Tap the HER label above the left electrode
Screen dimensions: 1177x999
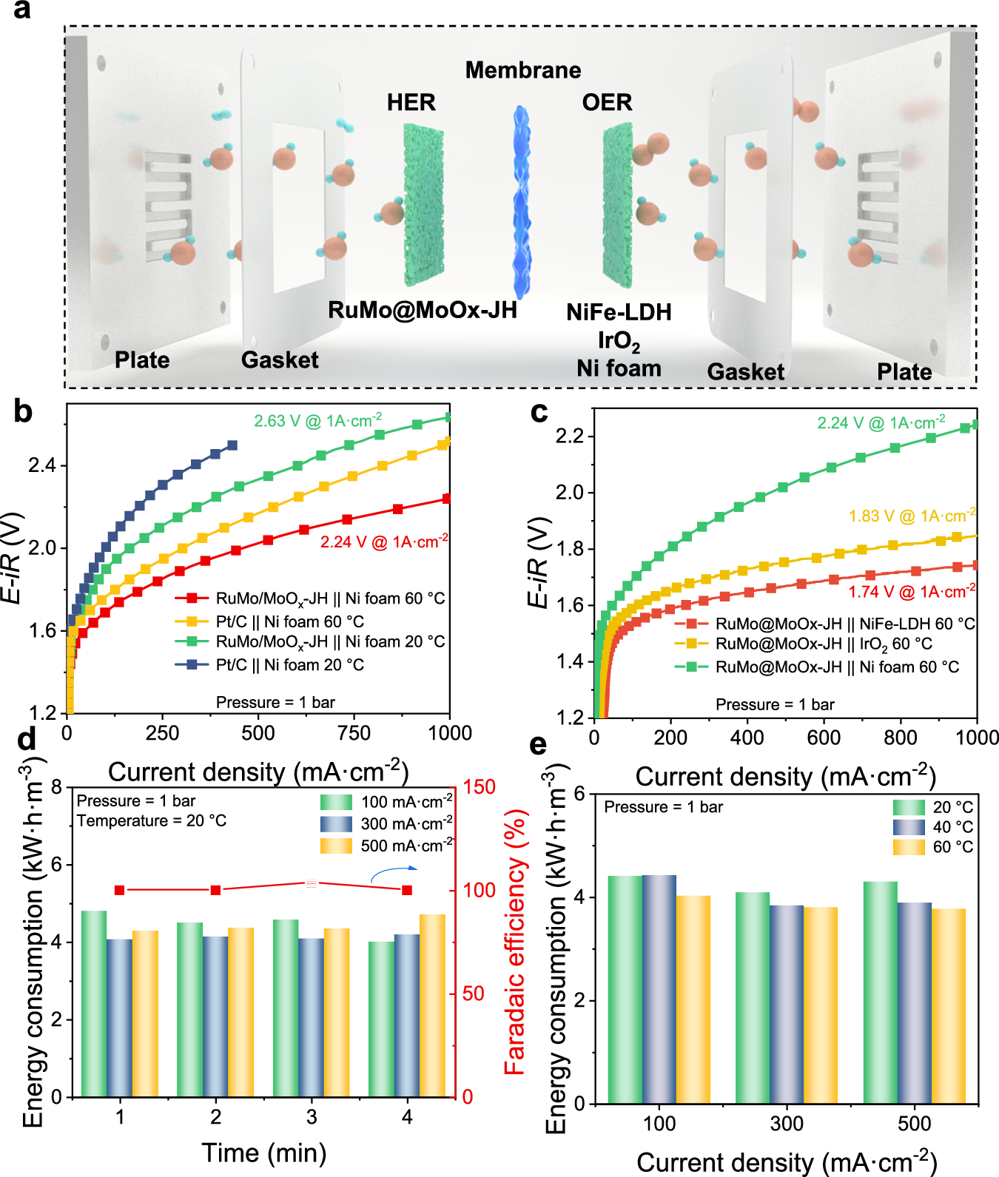[x=411, y=102]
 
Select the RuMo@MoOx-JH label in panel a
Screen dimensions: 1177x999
[x=423, y=310]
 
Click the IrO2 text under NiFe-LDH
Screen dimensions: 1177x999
[x=619, y=340]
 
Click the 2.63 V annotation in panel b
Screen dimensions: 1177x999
[x=317, y=421]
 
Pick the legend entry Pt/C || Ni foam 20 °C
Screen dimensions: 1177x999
[x=289, y=665]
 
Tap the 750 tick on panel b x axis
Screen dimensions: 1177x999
[x=354, y=733]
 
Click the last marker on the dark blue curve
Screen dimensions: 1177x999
[x=232, y=445]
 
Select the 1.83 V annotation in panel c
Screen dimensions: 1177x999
[x=912, y=516]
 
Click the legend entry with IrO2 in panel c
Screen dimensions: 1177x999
[x=823, y=644]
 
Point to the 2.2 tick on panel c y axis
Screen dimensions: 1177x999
[x=570, y=436]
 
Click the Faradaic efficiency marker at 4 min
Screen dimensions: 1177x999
[x=407, y=890]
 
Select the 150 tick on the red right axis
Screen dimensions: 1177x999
[x=480, y=787]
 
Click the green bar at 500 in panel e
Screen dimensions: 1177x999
[x=881, y=991]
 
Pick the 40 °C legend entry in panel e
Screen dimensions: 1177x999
[x=952, y=827]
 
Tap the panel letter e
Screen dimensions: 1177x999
[x=539, y=744]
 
